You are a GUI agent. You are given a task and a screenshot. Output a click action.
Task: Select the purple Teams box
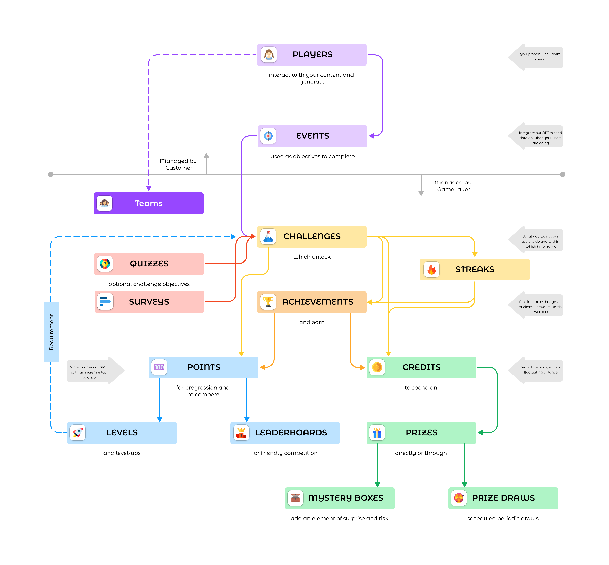(x=149, y=203)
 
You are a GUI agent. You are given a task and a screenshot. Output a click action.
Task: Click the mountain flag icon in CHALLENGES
(x=268, y=236)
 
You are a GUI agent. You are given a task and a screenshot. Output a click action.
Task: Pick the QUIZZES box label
(x=149, y=264)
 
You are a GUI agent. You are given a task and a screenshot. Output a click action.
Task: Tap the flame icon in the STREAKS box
(x=431, y=269)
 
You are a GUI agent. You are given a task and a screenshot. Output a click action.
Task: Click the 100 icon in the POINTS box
(x=159, y=367)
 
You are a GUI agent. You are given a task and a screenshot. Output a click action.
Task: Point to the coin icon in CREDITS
(x=377, y=367)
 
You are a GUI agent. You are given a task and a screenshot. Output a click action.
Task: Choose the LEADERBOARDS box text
(x=291, y=433)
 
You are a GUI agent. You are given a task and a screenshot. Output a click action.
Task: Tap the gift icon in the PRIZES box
(x=377, y=433)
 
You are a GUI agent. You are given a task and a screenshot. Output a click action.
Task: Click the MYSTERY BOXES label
(x=346, y=498)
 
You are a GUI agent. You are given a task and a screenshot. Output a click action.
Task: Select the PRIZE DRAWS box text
(x=503, y=498)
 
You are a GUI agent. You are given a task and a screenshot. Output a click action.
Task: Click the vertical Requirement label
(x=51, y=332)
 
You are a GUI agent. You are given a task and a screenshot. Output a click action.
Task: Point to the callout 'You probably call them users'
(x=540, y=57)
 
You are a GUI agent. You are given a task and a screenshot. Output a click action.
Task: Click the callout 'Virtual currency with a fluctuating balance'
(x=540, y=370)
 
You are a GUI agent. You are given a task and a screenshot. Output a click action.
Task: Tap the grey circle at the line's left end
(x=51, y=174)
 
